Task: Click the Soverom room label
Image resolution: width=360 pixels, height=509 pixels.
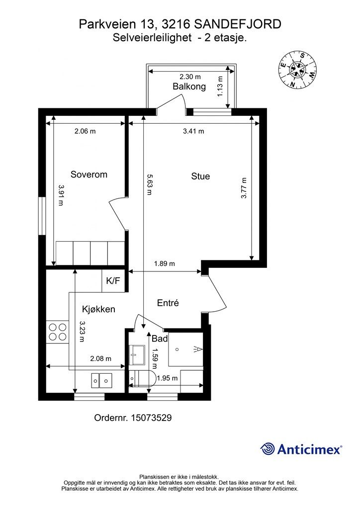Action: tap(89, 174)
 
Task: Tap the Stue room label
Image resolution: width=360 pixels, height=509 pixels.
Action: tap(200, 176)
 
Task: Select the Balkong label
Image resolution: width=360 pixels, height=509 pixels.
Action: tap(189, 86)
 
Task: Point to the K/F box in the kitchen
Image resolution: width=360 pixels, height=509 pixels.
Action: tap(113, 281)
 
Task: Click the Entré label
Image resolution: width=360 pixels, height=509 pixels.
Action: tap(168, 303)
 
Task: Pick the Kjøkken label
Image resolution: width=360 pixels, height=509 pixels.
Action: tap(98, 309)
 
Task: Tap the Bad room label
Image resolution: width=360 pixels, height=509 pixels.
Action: tap(160, 339)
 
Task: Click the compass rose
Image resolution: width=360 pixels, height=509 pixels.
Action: tap(298, 69)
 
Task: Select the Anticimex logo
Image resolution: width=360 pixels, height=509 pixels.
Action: tap(301, 449)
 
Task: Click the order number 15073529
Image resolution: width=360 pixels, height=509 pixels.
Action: tap(151, 418)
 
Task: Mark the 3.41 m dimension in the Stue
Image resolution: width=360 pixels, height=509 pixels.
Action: tap(194, 131)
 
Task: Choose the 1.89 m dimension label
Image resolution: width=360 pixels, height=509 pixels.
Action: tap(165, 263)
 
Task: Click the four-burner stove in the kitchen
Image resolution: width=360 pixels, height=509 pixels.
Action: tap(58, 332)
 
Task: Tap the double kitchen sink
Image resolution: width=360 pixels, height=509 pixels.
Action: tap(101, 380)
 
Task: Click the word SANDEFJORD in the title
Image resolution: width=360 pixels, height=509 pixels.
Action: tap(238, 24)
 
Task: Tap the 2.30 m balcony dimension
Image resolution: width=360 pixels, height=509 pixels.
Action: tap(190, 77)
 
